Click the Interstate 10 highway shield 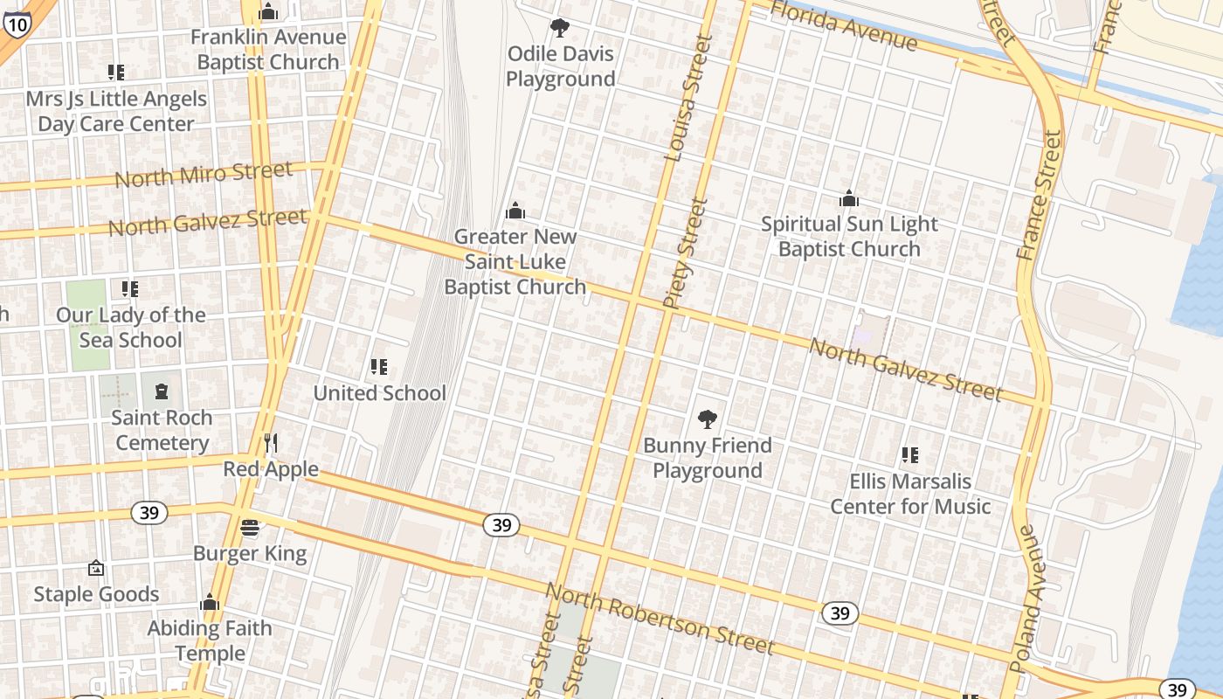click(x=17, y=23)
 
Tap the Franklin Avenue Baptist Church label click(x=268, y=50)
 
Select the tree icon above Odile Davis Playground click(x=560, y=28)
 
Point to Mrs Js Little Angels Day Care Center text click(x=116, y=111)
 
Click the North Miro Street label click(x=204, y=174)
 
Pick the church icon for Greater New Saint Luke click(x=515, y=211)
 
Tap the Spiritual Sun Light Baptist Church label click(x=849, y=236)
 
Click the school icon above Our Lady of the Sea click(x=130, y=289)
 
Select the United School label click(x=379, y=393)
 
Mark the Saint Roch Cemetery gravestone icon click(x=162, y=391)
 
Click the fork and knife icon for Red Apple click(x=271, y=443)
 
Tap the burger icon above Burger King click(x=250, y=527)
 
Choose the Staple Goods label click(x=96, y=594)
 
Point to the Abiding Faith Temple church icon click(x=209, y=602)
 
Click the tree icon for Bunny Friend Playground click(x=708, y=419)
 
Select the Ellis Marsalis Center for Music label click(x=909, y=494)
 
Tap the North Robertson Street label click(x=660, y=619)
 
